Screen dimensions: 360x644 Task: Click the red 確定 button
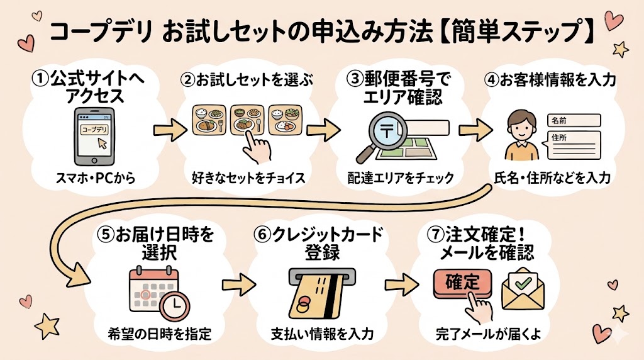tap(462, 281)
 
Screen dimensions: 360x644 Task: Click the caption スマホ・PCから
tap(95, 178)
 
